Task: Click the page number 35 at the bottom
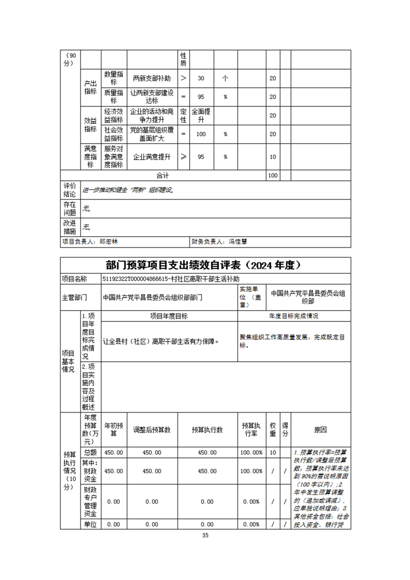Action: [x=205, y=536]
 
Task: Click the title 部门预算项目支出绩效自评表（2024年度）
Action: [x=205, y=265]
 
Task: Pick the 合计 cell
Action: [x=163, y=176]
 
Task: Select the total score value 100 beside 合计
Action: [x=272, y=176]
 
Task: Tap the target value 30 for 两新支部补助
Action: [x=201, y=79]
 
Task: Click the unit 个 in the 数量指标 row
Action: [x=225, y=79]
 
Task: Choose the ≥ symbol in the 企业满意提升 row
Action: [x=184, y=157]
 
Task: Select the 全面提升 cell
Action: [x=201, y=115]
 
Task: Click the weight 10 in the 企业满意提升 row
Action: [x=272, y=157]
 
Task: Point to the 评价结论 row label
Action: [x=69, y=190]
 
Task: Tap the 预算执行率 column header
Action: [x=251, y=430]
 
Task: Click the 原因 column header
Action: [x=321, y=430]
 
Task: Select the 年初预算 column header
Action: [x=114, y=430]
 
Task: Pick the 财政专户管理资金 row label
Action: [x=90, y=501]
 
